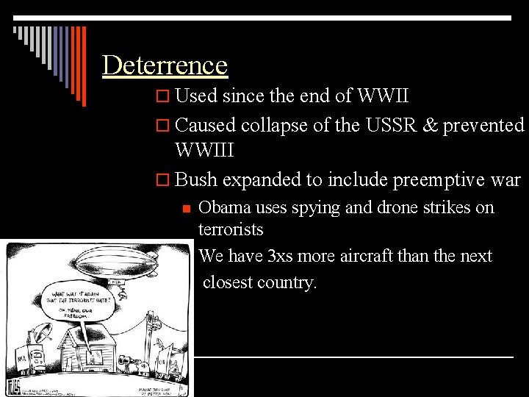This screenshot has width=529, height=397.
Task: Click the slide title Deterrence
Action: click(x=165, y=65)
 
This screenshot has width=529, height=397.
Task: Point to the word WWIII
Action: click(x=204, y=151)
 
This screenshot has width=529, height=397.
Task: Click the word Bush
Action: click(x=197, y=179)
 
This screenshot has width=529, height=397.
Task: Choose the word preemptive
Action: click(x=439, y=179)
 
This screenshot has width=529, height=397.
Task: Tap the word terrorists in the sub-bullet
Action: click(x=231, y=229)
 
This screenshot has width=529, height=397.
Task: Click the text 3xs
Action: click(x=284, y=256)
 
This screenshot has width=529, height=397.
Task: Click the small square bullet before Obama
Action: click(x=187, y=208)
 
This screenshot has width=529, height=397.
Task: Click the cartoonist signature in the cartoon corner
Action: click(x=14, y=387)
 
